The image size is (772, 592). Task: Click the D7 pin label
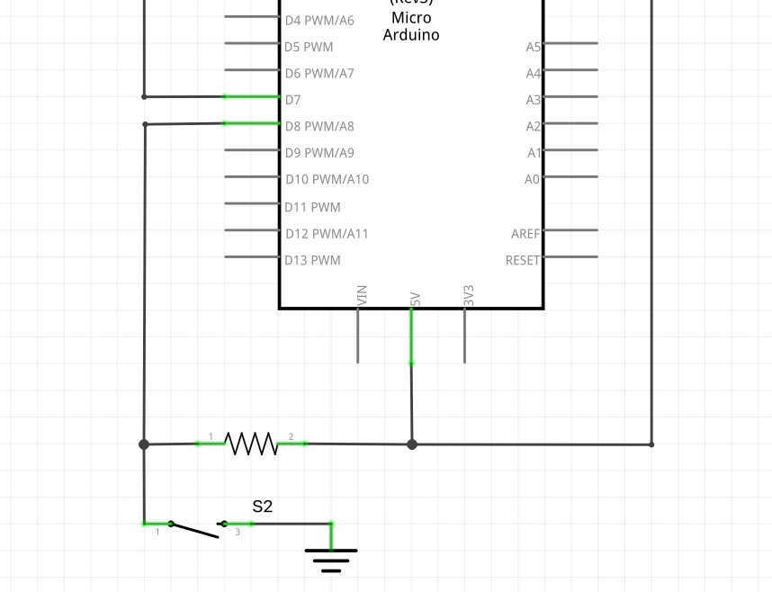293,100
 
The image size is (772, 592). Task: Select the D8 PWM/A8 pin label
319,126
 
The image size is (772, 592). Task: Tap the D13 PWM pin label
312,261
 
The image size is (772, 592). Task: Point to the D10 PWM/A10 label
327,180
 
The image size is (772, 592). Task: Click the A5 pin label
534,47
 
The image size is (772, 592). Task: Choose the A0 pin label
533,180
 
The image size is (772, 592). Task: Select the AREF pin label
526,234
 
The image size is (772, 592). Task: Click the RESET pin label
523,261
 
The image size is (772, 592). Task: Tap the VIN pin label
362,296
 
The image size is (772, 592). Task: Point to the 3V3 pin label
469,296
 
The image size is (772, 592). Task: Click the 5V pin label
415,300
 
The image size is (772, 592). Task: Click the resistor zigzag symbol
250,444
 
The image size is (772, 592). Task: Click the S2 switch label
262,507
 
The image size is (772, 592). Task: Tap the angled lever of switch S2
194,531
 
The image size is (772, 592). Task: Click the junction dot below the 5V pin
412,444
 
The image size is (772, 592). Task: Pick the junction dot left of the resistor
144,444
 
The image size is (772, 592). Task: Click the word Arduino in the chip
411,35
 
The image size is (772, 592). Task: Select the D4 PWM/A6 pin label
319,20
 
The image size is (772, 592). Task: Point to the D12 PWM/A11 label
327,234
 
